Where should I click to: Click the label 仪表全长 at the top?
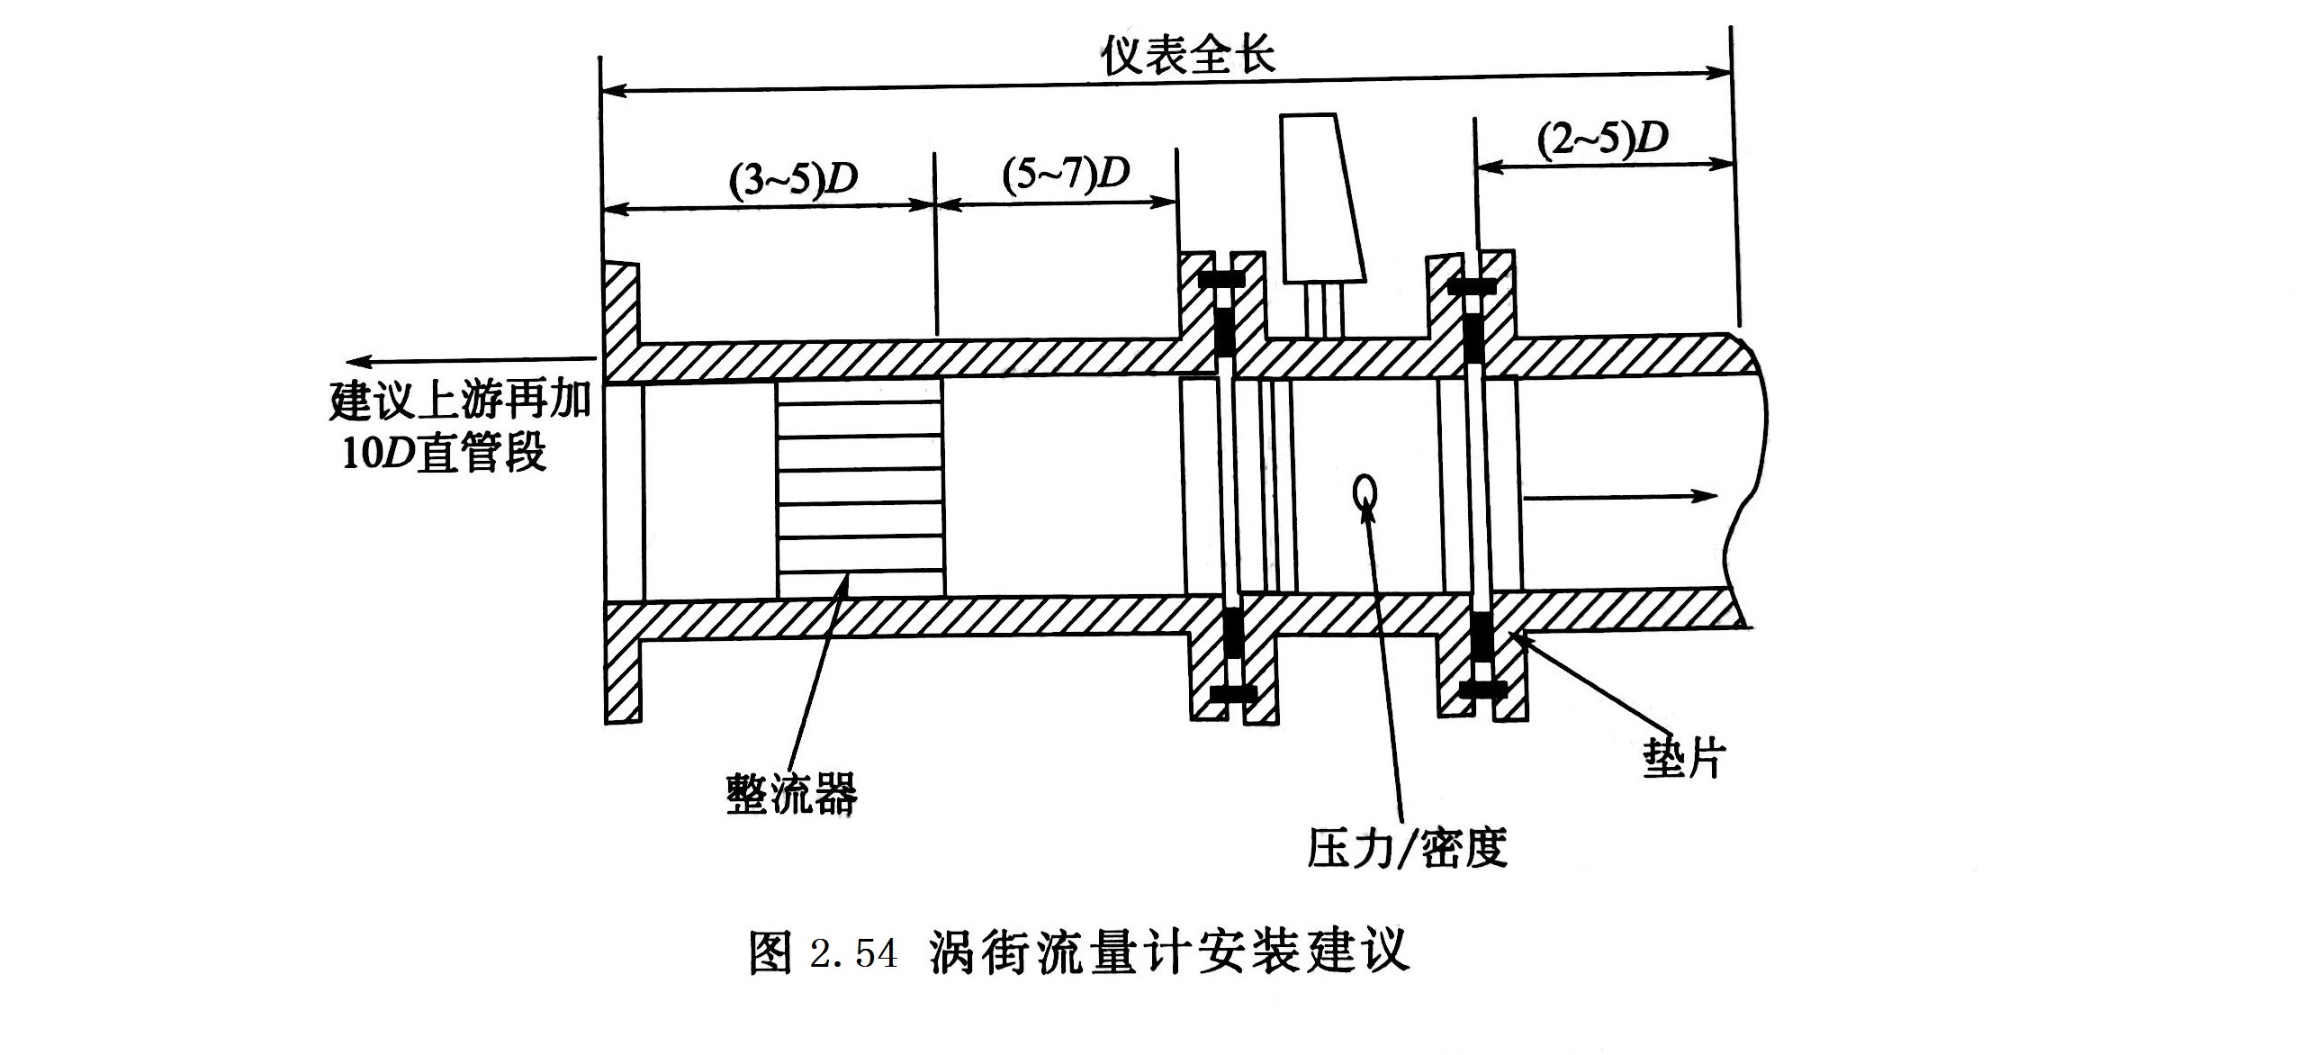[x=1187, y=56]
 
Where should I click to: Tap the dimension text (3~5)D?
[x=793, y=180]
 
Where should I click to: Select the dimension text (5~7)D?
[x=1066, y=172]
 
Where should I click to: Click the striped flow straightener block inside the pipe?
[x=860, y=487]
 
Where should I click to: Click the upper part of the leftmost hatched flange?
[x=622, y=315]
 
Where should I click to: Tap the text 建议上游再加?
[x=459, y=401]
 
